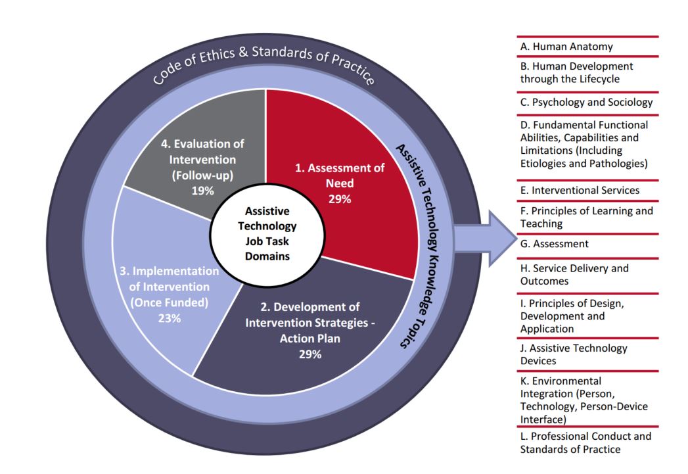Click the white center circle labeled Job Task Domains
266,233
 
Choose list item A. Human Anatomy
566,47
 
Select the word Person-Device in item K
615,406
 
